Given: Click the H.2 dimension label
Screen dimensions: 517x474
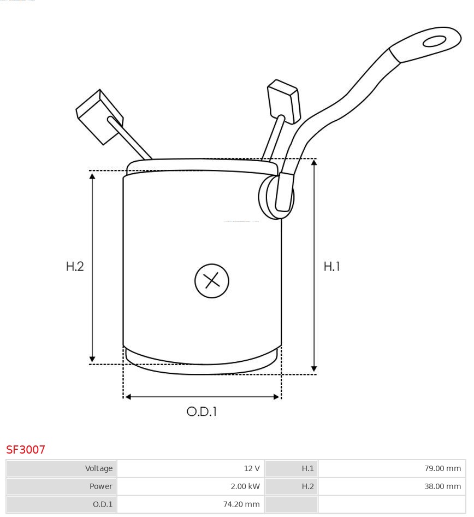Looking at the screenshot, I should click(x=75, y=267).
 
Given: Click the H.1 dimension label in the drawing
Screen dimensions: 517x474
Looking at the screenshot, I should click(x=332, y=267).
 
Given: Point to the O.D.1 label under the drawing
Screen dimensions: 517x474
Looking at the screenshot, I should click(x=202, y=412).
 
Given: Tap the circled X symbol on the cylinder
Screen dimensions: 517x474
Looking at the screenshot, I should click(x=211, y=281).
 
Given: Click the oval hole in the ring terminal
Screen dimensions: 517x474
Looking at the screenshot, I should click(x=434, y=42).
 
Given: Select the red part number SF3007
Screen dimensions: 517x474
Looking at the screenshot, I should click(x=26, y=450).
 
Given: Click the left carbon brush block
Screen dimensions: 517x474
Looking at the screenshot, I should click(x=99, y=116).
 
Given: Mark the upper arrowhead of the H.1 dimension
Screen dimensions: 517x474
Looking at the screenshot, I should click(x=314, y=163).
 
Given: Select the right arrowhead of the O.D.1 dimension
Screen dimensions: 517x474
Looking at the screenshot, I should click(x=276, y=397).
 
